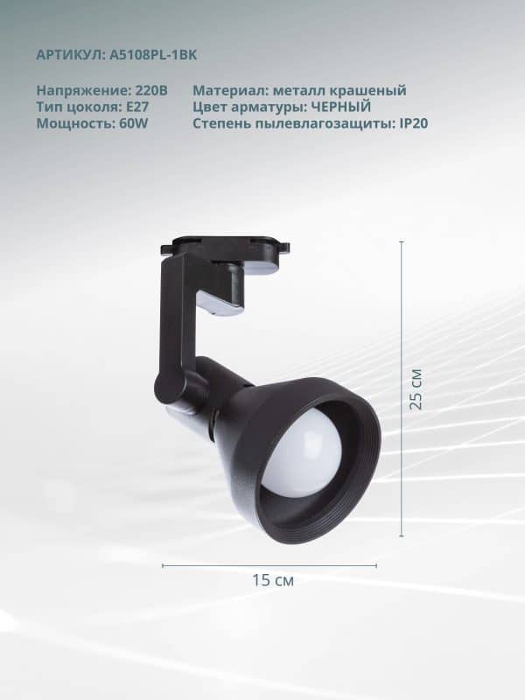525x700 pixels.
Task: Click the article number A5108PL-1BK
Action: point(152,55)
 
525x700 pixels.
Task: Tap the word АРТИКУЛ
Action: point(70,55)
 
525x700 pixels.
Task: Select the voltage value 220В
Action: point(151,90)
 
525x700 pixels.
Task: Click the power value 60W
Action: point(134,123)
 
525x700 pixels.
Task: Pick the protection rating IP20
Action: point(411,123)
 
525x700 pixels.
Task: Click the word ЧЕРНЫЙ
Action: point(340,107)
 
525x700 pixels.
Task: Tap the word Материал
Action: point(230,90)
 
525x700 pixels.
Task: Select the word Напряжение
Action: point(83,91)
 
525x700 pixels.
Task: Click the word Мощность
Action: point(75,123)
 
